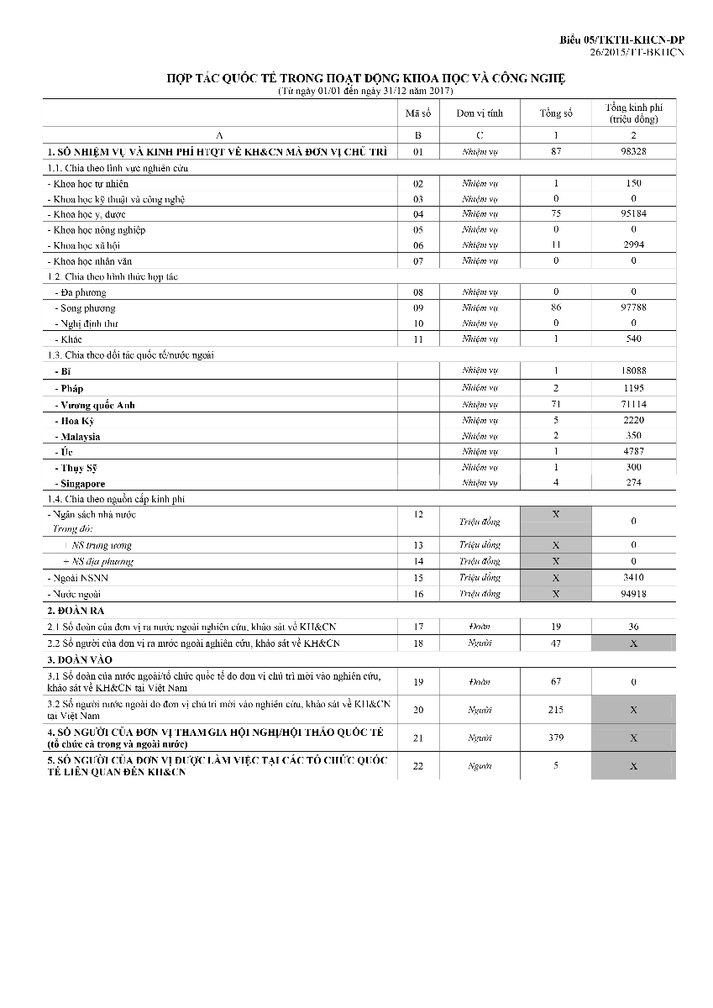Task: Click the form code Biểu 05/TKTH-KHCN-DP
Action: (x=622, y=40)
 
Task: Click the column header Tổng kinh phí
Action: (x=633, y=113)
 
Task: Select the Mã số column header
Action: (x=418, y=113)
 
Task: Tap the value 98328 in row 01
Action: (x=633, y=152)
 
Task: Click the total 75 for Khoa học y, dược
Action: (x=556, y=213)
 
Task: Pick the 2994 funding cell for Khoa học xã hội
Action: (x=633, y=244)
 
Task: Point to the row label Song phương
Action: (x=88, y=308)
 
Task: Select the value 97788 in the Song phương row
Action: (x=633, y=307)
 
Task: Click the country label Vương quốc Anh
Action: (x=97, y=405)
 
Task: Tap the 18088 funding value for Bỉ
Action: (x=633, y=370)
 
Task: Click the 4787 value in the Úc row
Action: (x=633, y=451)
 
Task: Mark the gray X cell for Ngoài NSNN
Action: (x=556, y=578)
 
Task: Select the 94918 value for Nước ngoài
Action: (x=633, y=594)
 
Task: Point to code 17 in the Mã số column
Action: (x=418, y=627)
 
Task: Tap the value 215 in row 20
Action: (x=556, y=710)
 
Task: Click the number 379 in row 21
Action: (x=556, y=738)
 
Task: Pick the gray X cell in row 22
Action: (x=633, y=766)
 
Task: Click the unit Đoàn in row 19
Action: (x=480, y=682)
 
